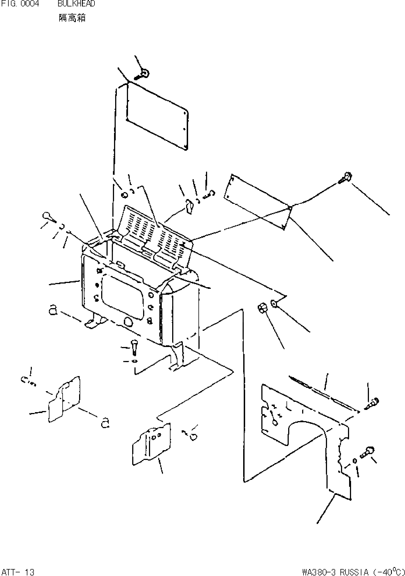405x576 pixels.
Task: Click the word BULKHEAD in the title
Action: point(76,4)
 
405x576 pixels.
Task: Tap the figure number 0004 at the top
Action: point(31,4)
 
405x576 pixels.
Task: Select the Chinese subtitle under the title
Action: point(72,18)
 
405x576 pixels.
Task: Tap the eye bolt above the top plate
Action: point(144,74)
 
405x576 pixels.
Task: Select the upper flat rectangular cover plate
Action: point(157,117)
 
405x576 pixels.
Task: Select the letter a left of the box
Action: point(53,310)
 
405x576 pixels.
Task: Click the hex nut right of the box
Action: point(262,308)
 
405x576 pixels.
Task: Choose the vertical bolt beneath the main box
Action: point(134,347)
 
